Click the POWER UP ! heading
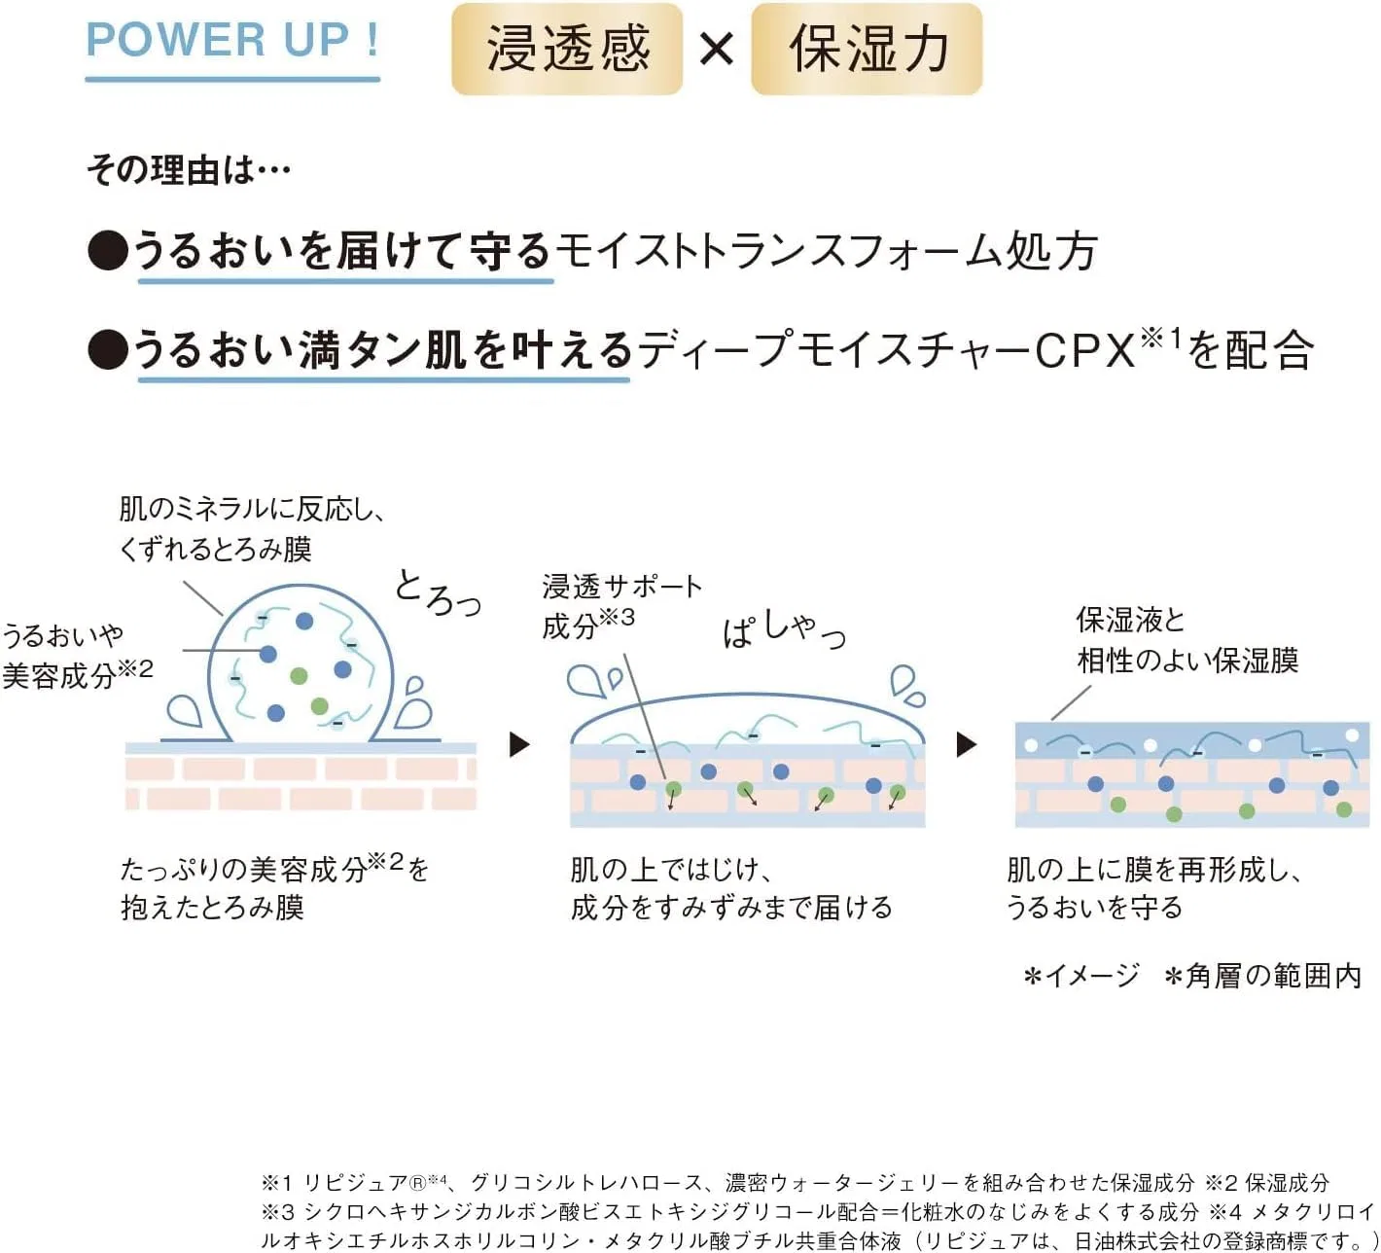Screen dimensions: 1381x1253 coord(232,40)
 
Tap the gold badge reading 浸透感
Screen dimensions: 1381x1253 coord(567,49)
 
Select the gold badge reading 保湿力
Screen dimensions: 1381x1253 coord(867,49)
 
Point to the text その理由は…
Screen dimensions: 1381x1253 coord(189,169)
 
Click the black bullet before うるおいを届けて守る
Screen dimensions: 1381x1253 coord(108,250)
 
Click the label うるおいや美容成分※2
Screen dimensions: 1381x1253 coord(77,656)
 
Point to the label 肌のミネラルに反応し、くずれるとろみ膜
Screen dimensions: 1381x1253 coord(252,530)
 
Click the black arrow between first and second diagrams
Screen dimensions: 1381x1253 coord(519,744)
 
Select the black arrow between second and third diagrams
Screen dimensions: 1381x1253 coord(967,744)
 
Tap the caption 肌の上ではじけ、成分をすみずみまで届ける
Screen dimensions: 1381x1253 coord(731,889)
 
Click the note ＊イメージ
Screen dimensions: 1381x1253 coord(1081,977)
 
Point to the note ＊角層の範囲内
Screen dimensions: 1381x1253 coord(1263,977)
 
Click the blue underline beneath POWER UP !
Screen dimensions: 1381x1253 coord(232,79)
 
